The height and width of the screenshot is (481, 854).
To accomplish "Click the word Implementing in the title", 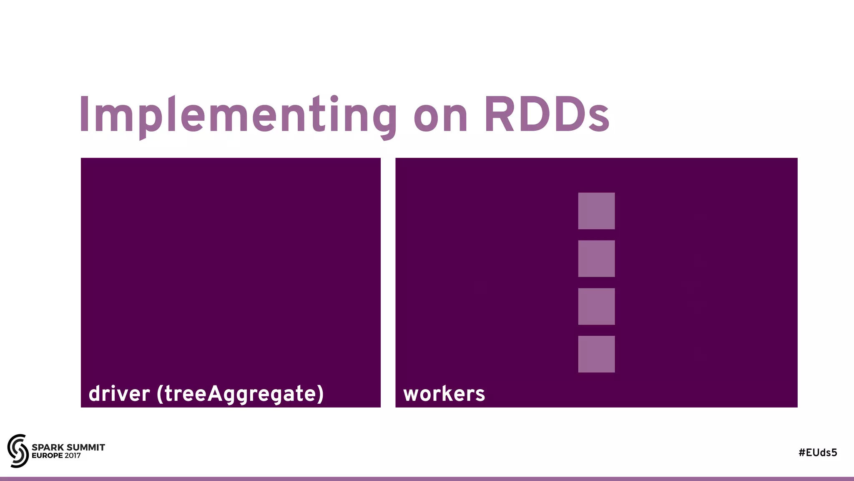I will click(x=238, y=115).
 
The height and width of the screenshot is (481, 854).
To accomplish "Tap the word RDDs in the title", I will click(x=547, y=115).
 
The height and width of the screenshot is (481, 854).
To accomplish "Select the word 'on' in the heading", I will click(x=440, y=118).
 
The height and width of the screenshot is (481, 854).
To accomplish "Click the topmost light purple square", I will click(x=596, y=211).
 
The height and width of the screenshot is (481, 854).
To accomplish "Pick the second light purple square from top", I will click(x=596, y=258).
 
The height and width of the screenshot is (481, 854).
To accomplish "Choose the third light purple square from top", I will click(x=596, y=306).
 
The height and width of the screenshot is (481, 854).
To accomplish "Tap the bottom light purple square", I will click(x=596, y=354).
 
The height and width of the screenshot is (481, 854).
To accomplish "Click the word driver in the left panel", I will click(x=119, y=394).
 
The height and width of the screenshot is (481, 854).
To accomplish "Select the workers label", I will click(x=444, y=394).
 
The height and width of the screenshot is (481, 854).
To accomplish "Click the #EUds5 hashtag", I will click(x=818, y=453).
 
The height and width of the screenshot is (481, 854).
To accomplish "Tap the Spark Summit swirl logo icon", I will click(x=18, y=451).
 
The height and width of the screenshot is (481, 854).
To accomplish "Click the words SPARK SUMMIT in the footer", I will click(x=68, y=447).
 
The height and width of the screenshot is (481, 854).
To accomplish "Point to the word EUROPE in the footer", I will click(x=47, y=456).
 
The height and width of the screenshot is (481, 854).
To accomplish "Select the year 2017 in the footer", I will click(x=73, y=456).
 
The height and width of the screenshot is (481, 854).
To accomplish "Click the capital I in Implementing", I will click(x=84, y=115).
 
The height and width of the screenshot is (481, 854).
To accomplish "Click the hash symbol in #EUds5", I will click(x=802, y=453).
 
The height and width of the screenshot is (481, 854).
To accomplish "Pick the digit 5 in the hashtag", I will click(x=834, y=453).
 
